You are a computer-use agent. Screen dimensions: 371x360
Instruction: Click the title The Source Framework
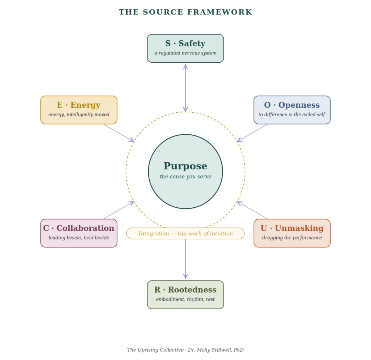click(186, 12)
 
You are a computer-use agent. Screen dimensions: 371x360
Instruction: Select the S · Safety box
click(186, 48)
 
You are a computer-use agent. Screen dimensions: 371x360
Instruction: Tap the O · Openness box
click(292, 110)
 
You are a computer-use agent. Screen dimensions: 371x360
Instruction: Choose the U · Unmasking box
click(292, 233)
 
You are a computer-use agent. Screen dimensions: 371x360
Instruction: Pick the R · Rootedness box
click(186, 295)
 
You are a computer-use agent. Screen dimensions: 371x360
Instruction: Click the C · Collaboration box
click(79, 233)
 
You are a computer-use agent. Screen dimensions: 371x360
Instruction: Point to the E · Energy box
click(79, 110)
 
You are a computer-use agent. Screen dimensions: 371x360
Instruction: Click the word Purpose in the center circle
click(186, 166)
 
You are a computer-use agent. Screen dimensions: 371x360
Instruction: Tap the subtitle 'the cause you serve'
click(186, 176)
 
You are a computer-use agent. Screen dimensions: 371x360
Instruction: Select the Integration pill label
click(186, 233)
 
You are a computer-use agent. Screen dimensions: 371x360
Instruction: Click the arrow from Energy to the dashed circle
click(119, 133)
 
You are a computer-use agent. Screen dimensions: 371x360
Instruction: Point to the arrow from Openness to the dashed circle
click(252, 133)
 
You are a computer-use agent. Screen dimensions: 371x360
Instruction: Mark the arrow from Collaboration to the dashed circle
click(119, 210)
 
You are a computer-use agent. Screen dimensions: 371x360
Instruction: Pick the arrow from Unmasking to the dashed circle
click(252, 210)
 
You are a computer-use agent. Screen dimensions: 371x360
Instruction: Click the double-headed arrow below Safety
click(186, 88)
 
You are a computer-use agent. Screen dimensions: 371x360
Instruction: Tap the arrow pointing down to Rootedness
click(186, 259)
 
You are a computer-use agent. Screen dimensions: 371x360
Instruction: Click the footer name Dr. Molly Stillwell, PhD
click(216, 350)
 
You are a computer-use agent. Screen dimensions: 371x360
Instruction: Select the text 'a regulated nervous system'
click(186, 53)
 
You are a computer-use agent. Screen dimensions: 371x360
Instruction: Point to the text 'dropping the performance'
click(292, 238)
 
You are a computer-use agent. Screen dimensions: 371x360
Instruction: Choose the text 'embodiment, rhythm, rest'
click(186, 300)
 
